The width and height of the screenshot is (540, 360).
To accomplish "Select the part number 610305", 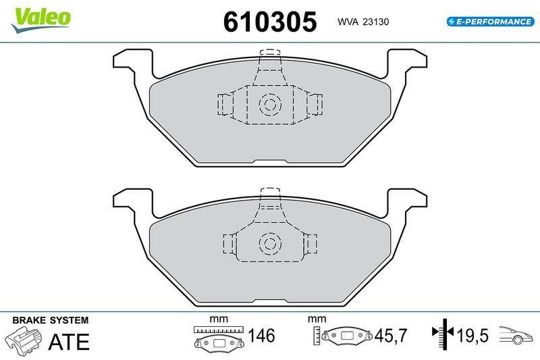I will coord(270,22).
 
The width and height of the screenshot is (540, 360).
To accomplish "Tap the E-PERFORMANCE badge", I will coord(490,22).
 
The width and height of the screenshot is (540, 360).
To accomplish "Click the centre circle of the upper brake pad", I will coord(270,104).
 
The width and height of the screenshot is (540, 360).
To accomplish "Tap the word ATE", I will coord(68,342).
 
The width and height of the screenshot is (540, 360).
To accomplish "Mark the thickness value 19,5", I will coord(473,336).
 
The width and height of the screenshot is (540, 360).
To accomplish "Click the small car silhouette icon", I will coord(516,335).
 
